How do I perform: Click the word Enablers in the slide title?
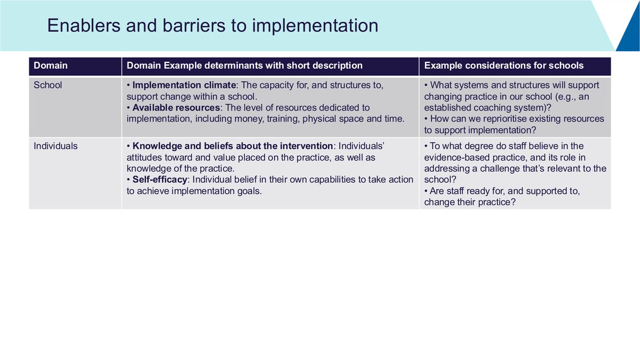84,26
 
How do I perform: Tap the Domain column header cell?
75,66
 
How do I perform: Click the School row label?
47,85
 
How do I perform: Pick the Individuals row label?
55,146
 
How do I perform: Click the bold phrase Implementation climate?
184,85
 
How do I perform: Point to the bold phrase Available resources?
176,108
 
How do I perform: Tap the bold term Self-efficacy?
159,179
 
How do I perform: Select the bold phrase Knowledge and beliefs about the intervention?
233,146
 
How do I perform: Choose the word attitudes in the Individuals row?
145,157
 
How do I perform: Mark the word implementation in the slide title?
315,26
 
